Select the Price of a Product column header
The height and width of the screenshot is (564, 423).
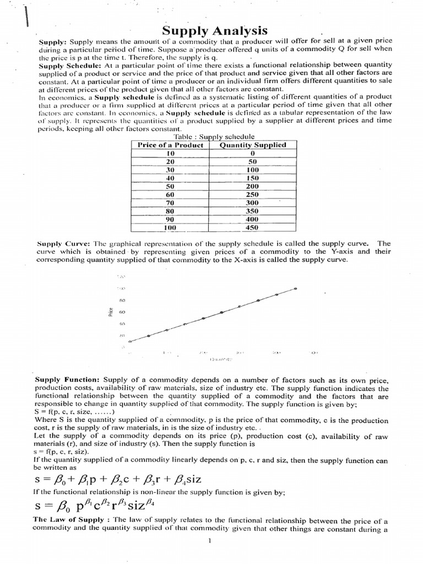[x=170, y=145]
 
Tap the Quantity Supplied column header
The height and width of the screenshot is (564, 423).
[x=253, y=145]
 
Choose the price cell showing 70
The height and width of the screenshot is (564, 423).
[x=170, y=202]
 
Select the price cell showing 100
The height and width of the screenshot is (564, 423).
[x=170, y=227]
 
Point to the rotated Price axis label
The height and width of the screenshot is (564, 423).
[x=111, y=311]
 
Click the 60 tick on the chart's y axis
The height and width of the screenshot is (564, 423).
[x=122, y=312]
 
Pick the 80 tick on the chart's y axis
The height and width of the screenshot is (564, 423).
[x=122, y=300]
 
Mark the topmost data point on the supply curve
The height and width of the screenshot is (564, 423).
[x=296, y=288]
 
